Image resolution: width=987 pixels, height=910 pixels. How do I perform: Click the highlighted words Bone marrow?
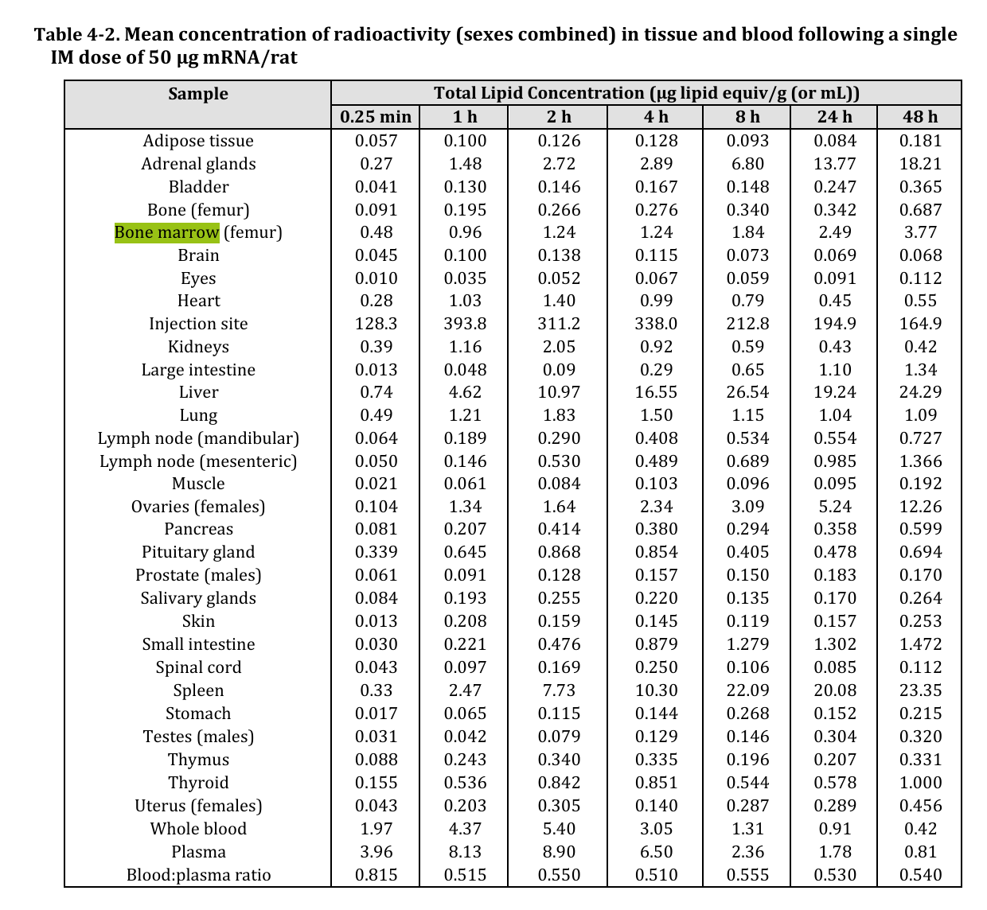pyautogui.click(x=166, y=232)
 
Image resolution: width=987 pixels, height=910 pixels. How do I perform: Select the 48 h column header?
pyautogui.click(x=919, y=117)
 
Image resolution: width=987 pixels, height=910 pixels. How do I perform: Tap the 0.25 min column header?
pyautogui.click(x=376, y=117)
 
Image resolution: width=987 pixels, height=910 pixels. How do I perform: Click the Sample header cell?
pyautogui.click(x=198, y=94)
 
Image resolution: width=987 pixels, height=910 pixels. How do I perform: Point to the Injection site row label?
pyautogui.click(x=198, y=324)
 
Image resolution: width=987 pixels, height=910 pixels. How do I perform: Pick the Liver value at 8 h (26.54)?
pyautogui.click(x=747, y=392)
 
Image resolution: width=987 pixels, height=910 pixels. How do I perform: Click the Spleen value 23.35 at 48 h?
pyautogui.click(x=920, y=690)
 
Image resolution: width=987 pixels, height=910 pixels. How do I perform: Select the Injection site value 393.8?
pyautogui.click(x=465, y=324)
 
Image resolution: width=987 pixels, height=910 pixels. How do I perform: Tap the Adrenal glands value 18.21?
pyautogui.click(x=920, y=164)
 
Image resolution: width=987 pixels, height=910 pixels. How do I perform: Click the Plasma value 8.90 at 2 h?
pyautogui.click(x=559, y=852)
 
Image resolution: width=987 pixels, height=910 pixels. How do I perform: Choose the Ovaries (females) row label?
pyautogui.click(x=198, y=507)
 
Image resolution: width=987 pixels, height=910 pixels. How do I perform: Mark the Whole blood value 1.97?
pyautogui.click(x=376, y=829)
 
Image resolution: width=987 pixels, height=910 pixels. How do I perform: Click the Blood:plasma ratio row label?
pyautogui.click(x=198, y=875)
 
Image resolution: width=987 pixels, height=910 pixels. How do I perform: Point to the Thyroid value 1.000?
pyautogui.click(x=920, y=783)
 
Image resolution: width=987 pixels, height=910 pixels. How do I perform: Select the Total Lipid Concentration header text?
pyautogui.click(x=646, y=93)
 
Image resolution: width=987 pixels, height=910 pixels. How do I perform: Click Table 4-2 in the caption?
pyautogui.click(x=76, y=35)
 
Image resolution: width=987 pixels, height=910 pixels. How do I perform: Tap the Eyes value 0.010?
pyautogui.click(x=376, y=278)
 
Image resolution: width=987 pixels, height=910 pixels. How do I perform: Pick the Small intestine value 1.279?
pyautogui.click(x=747, y=644)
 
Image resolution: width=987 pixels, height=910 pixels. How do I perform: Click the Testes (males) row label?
pyautogui.click(x=198, y=737)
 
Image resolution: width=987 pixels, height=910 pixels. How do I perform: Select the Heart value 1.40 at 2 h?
pyautogui.click(x=559, y=301)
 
